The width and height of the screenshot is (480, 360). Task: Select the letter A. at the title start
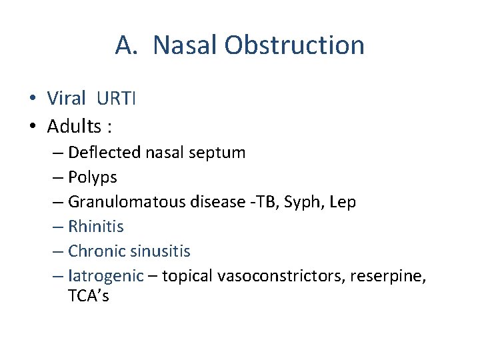tap(127, 45)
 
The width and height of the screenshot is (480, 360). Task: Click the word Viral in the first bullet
tap(66, 99)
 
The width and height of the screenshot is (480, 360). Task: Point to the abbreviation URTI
tap(116, 99)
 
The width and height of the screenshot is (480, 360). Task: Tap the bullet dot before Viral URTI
tap(32, 99)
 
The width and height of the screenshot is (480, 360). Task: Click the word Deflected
tap(104, 153)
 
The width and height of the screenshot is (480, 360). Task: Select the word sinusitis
tap(160, 251)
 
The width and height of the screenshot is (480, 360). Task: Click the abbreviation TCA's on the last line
tap(88, 296)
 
